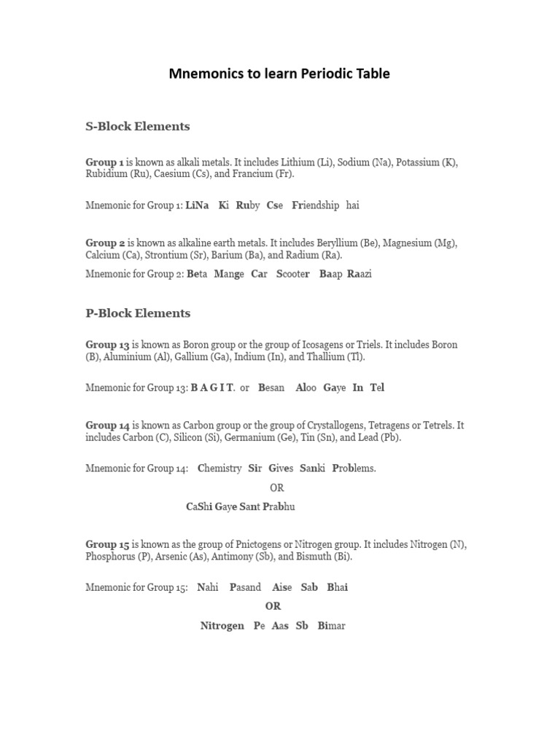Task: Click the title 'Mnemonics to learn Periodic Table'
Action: click(279, 74)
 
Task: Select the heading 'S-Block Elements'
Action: click(138, 127)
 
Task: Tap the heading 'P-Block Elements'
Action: click(138, 313)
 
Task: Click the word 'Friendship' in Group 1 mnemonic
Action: click(315, 205)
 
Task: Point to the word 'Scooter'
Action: click(293, 274)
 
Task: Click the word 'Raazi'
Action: click(359, 274)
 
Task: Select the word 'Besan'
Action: click(271, 388)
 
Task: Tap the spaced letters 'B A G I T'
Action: click(212, 388)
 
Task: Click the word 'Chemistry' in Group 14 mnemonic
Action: click(219, 468)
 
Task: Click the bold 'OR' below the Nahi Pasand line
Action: click(273, 606)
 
